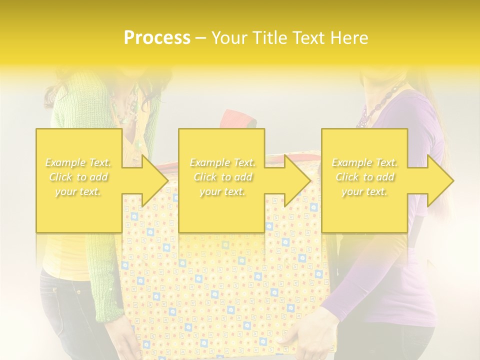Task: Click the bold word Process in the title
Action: (157, 38)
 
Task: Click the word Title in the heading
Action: (269, 38)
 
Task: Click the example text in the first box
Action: (78, 177)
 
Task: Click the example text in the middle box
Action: (222, 177)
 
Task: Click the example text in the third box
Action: (364, 177)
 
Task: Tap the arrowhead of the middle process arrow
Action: (298, 180)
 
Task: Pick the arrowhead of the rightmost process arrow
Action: (441, 180)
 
